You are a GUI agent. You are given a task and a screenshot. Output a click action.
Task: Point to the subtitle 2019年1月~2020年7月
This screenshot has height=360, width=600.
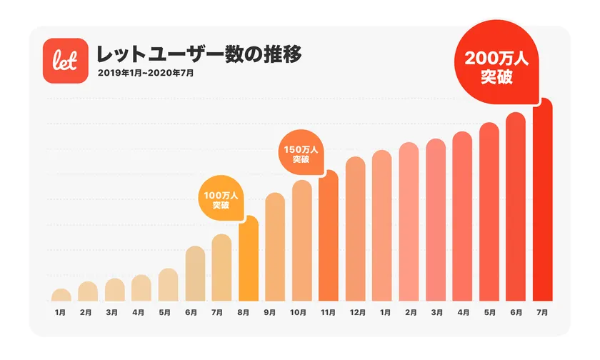click(146, 73)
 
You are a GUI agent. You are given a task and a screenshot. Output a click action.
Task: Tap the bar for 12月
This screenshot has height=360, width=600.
click(355, 229)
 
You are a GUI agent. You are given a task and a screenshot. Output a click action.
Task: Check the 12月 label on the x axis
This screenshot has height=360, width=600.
click(355, 313)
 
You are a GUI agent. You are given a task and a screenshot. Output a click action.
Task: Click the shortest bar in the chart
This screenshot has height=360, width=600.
click(61, 295)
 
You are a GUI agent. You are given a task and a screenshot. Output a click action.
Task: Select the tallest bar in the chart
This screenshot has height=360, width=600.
click(543, 200)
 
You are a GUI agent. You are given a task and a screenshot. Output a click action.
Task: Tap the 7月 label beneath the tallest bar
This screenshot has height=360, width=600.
click(543, 313)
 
